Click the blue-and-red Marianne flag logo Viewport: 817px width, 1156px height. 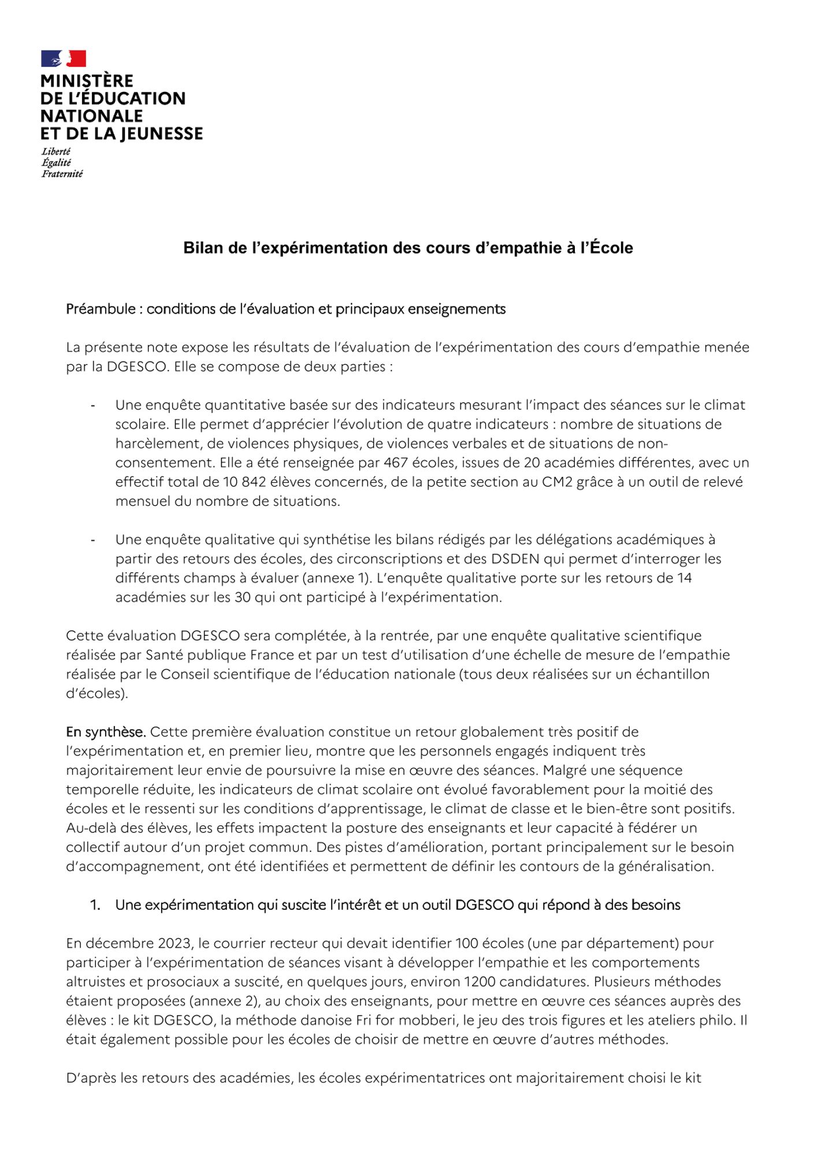click(x=64, y=58)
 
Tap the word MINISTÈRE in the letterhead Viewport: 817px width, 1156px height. click(x=87, y=81)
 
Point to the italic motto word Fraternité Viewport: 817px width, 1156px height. click(x=62, y=174)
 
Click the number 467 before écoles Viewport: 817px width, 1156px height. click(x=396, y=463)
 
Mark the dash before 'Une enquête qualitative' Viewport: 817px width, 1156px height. click(x=92, y=540)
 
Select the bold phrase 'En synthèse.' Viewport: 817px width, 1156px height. click(x=105, y=732)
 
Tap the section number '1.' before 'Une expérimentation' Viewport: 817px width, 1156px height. click(x=95, y=905)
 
